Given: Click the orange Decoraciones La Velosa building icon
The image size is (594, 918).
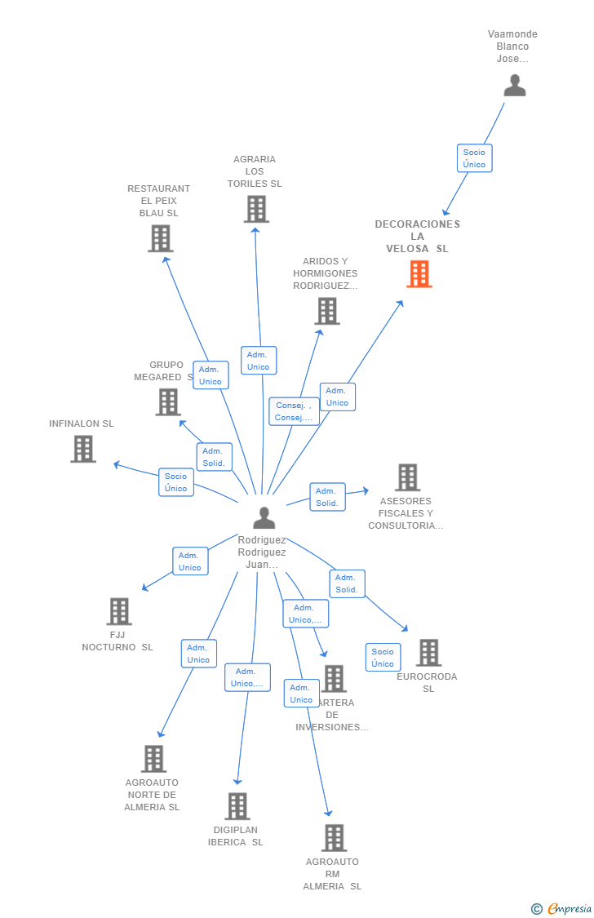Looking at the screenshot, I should [x=419, y=274].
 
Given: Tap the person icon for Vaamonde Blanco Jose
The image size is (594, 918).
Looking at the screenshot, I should [x=515, y=86].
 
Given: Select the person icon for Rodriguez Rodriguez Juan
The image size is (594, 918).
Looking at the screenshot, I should [x=264, y=518].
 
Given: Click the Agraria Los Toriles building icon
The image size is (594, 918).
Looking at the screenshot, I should [x=256, y=210].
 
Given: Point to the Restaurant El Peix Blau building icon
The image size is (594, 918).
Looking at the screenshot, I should [x=161, y=238].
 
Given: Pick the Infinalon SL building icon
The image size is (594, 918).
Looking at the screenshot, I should [x=83, y=449].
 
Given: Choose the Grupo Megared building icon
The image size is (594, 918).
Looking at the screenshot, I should [x=168, y=401].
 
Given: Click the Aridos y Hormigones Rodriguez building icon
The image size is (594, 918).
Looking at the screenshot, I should [x=327, y=311].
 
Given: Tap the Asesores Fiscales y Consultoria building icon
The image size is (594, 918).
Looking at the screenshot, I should [x=407, y=477].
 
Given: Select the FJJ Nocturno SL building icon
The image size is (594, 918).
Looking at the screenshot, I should [x=119, y=611].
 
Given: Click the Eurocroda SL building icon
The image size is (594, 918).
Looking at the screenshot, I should [x=428, y=653].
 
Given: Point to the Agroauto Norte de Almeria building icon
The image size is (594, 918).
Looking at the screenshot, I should [x=153, y=759].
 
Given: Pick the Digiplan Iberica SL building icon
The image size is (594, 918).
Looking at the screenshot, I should [x=237, y=806].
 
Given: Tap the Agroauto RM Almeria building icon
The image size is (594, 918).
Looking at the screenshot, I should [x=334, y=838].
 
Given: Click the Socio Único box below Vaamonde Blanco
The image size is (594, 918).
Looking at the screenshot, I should [x=474, y=158].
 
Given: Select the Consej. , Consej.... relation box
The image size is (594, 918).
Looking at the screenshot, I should [x=294, y=411].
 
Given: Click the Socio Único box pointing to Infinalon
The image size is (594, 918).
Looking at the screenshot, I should [x=175, y=482].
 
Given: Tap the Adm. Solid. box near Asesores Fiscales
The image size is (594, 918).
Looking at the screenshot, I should [x=326, y=497].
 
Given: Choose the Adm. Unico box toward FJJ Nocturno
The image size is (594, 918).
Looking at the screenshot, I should [x=190, y=561].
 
